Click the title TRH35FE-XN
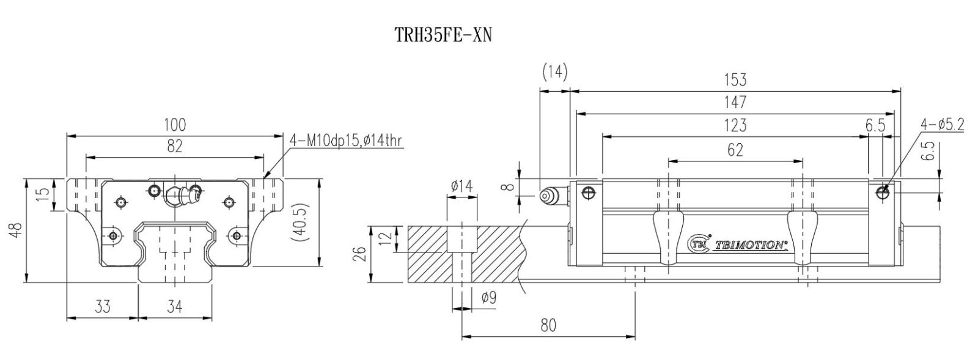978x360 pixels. (x=443, y=35)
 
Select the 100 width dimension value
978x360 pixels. (x=175, y=125)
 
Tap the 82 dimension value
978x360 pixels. (x=175, y=146)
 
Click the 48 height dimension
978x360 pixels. (x=17, y=230)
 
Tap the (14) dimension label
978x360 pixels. (x=554, y=72)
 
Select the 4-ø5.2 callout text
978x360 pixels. (x=942, y=125)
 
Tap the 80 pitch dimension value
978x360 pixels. (x=548, y=325)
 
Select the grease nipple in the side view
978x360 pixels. (x=548, y=195)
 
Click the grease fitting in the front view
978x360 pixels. (x=181, y=195)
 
